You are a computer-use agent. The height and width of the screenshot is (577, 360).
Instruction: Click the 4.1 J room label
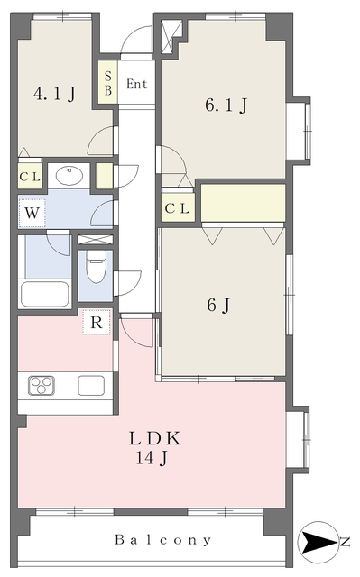click(x=54, y=94)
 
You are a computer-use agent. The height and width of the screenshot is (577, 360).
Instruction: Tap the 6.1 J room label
click(x=226, y=105)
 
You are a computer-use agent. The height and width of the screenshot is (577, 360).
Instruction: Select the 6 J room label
click(x=218, y=305)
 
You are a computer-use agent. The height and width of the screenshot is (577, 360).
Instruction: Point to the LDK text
click(x=155, y=439)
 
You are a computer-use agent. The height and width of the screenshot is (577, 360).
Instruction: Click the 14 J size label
click(x=152, y=458)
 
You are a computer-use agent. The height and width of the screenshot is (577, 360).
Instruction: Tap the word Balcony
click(x=163, y=540)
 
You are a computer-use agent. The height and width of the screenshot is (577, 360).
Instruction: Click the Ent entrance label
click(x=137, y=84)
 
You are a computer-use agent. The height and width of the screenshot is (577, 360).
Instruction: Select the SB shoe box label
click(x=108, y=83)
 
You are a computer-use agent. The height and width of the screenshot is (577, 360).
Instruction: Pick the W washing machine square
click(x=32, y=213)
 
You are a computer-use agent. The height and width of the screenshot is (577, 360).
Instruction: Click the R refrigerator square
click(x=97, y=323)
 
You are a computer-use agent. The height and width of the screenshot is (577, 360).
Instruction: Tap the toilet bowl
click(x=96, y=267)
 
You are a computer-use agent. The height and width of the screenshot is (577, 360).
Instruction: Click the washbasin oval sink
click(x=69, y=176)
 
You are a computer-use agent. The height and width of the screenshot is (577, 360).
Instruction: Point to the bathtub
click(x=45, y=295)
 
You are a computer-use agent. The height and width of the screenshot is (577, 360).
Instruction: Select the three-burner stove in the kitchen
click(x=42, y=386)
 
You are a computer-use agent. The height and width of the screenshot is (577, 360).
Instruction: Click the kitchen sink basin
click(x=91, y=385)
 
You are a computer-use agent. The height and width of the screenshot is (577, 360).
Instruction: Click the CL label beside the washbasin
click(x=30, y=177)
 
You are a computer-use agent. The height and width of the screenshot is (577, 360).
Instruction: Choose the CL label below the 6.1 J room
click(x=177, y=209)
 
